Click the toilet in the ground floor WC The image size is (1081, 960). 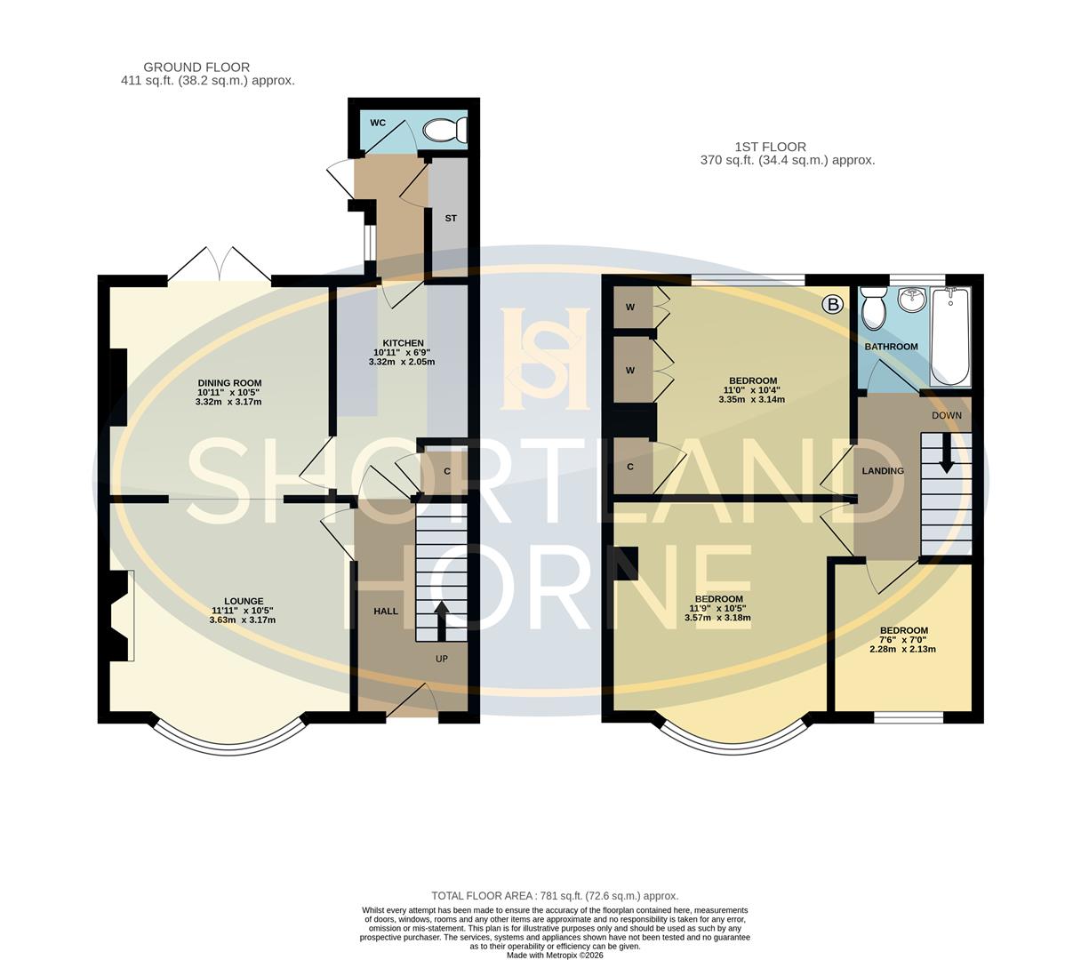[x=444, y=132]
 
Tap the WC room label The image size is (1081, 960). [x=378, y=123]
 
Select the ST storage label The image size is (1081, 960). [x=451, y=218]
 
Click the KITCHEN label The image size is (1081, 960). [x=403, y=343]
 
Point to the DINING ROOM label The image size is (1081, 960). [x=229, y=383]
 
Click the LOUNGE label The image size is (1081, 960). [x=244, y=601]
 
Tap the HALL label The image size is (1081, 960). [x=385, y=612]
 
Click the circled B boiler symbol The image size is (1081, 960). [x=833, y=305]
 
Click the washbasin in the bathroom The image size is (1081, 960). [x=911, y=300]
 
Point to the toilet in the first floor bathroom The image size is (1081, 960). [x=875, y=308]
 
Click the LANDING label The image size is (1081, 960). [x=883, y=471]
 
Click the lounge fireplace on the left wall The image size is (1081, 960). [x=122, y=615]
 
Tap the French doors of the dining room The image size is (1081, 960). [x=220, y=265]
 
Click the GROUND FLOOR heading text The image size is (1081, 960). [x=196, y=67]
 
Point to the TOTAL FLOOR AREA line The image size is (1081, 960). [x=555, y=896]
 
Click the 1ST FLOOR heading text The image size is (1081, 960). [x=770, y=147]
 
